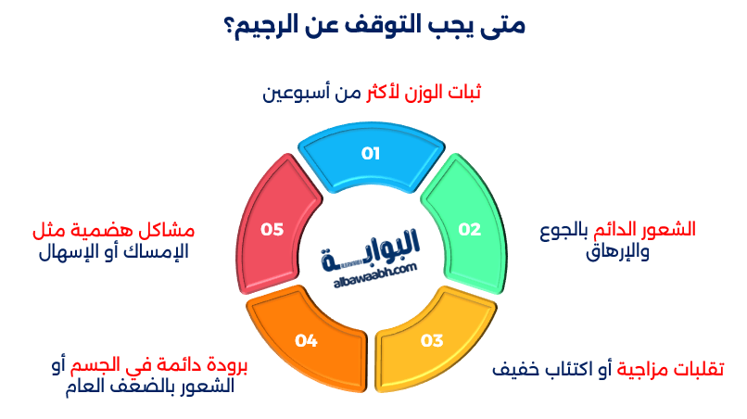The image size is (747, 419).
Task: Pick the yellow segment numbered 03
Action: pos(432,340)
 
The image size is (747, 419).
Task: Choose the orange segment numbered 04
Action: pos(307,340)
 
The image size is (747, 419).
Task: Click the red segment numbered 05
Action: pos(272,227)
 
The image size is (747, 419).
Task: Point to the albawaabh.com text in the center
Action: pos(372,267)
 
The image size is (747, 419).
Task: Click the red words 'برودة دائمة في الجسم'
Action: pos(160,367)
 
